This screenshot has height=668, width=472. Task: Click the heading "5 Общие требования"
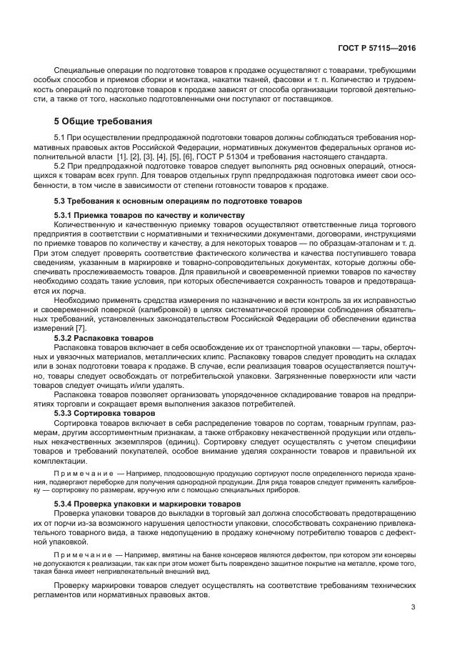[104, 121]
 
